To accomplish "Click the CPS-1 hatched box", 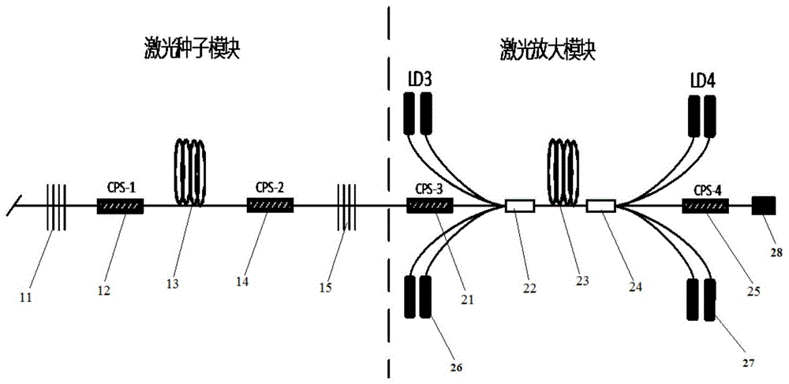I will click(x=120, y=207).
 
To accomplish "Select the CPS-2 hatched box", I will click(x=271, y=207).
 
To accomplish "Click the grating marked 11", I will click(x=54, y=207).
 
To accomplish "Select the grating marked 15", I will click(x=346, y=207).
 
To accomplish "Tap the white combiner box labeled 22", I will click(x=520, y=207).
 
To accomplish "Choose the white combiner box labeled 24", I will click(x=602, y=207).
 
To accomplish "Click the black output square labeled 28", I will click(x=762, y=207).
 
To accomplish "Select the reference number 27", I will click(x=747, y=363).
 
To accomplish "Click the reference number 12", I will click(x=104, y=292).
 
